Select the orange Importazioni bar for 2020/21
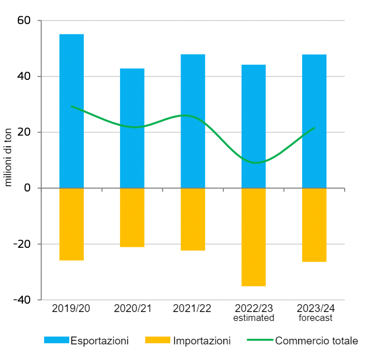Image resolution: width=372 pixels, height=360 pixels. point(132,218)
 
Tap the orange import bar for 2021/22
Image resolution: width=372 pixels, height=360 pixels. point(193,219)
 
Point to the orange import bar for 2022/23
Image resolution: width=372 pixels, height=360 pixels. point(254,237)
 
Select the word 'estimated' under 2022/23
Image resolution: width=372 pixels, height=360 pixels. point(254,318)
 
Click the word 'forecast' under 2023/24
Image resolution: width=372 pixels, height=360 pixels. point(315,318)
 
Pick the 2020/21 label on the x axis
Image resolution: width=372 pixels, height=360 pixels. point(132,308)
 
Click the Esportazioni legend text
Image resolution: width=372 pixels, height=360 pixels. point(99,340)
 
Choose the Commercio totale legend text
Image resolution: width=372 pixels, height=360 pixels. point(317,340)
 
